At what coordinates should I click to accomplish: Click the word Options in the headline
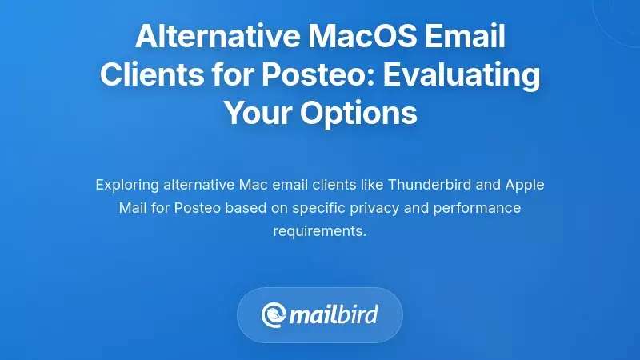[x=359, y=113]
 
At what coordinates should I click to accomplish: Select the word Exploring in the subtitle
[x=126, y=185]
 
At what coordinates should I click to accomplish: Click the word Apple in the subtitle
[x=525, y=185]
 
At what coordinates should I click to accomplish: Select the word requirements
[x=319, y=231]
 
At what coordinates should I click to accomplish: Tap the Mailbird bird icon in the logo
[x=274, y=314]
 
